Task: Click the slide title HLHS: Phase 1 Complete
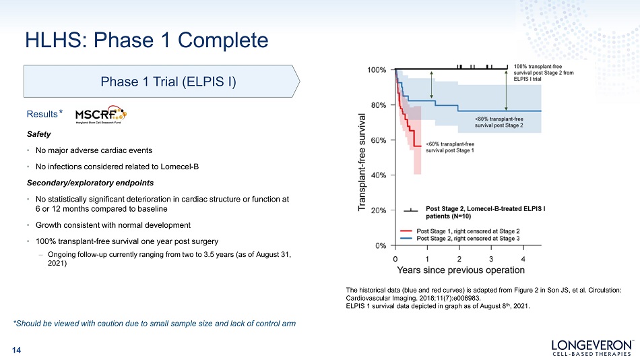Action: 147,40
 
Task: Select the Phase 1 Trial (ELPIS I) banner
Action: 162,82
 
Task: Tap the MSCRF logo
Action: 101,115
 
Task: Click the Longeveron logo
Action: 592,347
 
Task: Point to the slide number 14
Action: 16,350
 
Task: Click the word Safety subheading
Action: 39,134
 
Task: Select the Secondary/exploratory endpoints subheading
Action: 90,183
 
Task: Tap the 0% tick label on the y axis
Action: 381,245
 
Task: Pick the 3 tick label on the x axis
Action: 491,259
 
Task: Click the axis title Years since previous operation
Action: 461,270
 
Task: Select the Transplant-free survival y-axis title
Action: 362,162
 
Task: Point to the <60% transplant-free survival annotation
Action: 450,147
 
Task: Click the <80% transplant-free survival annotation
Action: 499,122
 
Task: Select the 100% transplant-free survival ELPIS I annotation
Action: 543,72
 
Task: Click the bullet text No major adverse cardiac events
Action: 94,150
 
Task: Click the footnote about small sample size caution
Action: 154,324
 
